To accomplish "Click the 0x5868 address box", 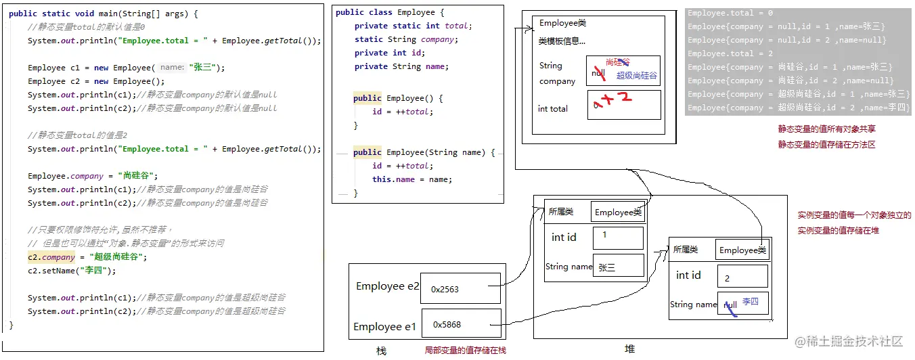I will point(461,324).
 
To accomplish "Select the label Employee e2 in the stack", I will point(388,286).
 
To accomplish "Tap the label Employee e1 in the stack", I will point(384,327).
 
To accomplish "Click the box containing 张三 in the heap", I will point(617,267).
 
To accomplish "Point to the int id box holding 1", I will point(617,238).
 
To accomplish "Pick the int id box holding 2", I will point(742,276).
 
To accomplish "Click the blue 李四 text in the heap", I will point(751,301).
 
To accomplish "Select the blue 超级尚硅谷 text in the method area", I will point(636,76).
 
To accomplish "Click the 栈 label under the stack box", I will point(381,351).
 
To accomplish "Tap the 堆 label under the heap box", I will point(629,349).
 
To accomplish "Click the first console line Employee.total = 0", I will point(730,13).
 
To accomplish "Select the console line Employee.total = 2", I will point(730,53).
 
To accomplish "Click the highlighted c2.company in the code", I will point(51,257).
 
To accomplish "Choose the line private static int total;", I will point(413,26).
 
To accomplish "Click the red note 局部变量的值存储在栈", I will point(465,351).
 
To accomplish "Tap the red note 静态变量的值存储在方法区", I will point(827,144).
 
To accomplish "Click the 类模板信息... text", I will point(562,41).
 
